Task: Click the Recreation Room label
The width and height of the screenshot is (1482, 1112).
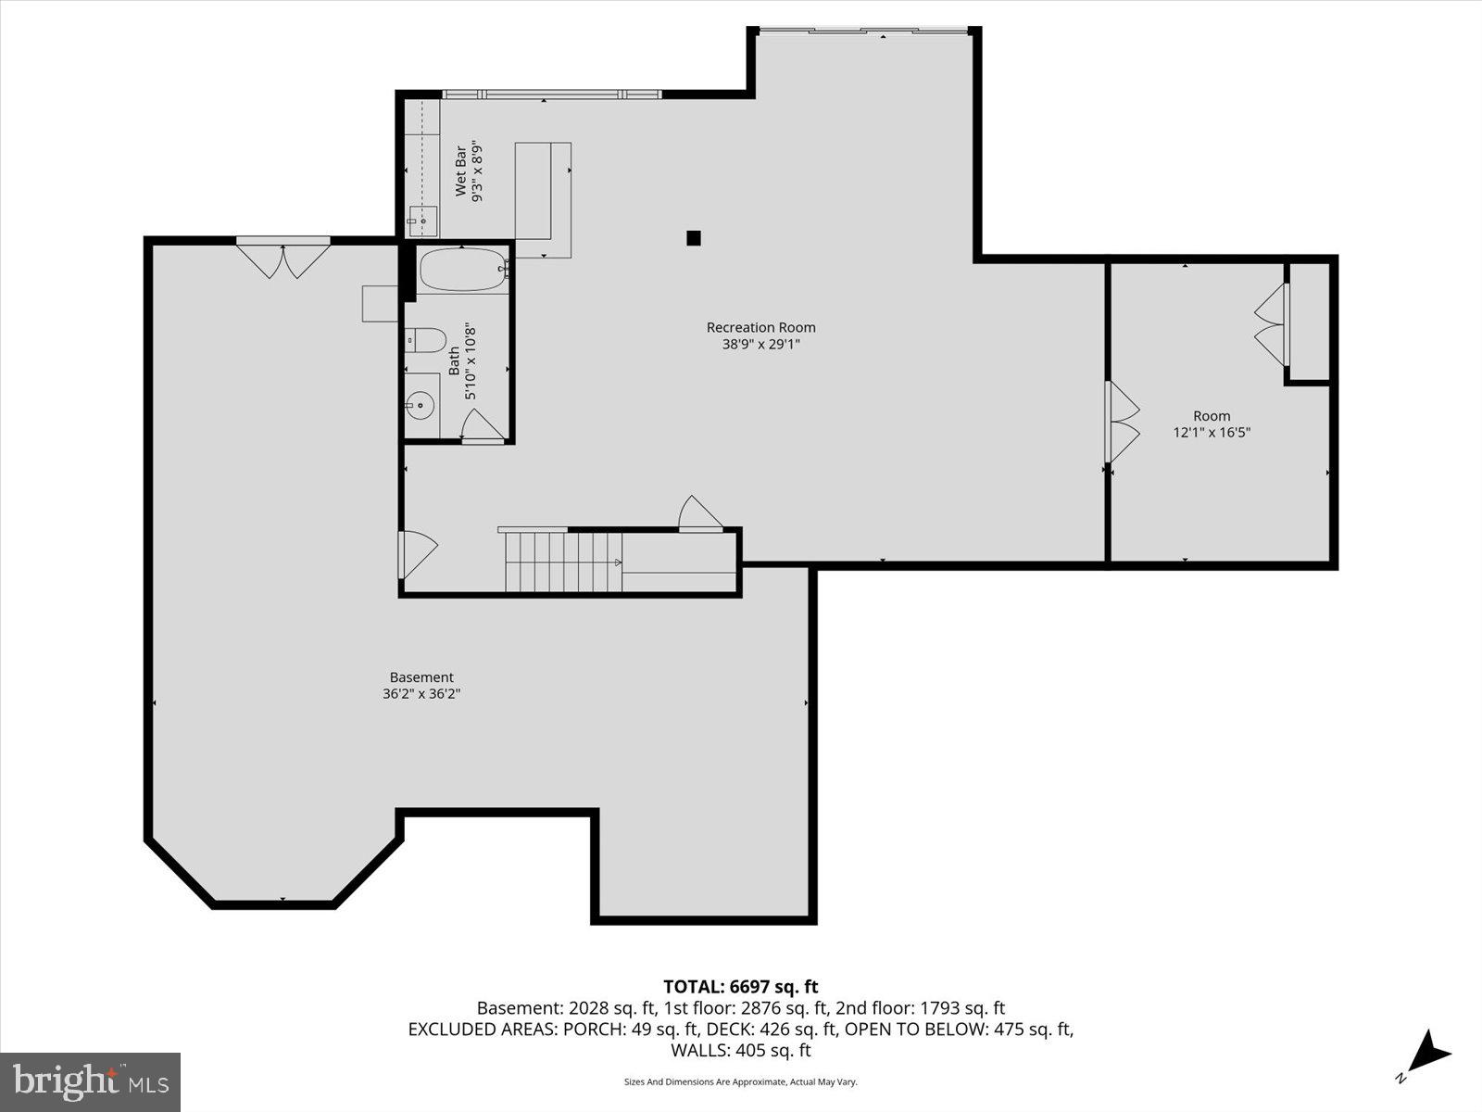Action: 760,327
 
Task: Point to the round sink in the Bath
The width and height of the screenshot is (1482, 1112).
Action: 421,404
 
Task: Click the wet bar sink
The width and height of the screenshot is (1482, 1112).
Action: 422,221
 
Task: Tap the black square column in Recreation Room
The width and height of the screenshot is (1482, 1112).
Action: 694,238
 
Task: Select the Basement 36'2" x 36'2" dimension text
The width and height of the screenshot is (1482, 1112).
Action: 421,693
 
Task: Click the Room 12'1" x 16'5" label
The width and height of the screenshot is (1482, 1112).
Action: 1211,424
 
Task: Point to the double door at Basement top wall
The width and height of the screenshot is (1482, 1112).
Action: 283,259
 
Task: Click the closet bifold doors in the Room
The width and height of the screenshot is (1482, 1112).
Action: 1271,324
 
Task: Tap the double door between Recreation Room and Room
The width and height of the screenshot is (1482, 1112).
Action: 1122,422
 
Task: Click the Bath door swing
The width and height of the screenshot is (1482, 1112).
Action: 482,426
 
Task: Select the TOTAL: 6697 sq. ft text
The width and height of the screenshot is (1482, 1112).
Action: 740,987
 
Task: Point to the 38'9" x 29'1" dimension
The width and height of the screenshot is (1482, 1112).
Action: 760,344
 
